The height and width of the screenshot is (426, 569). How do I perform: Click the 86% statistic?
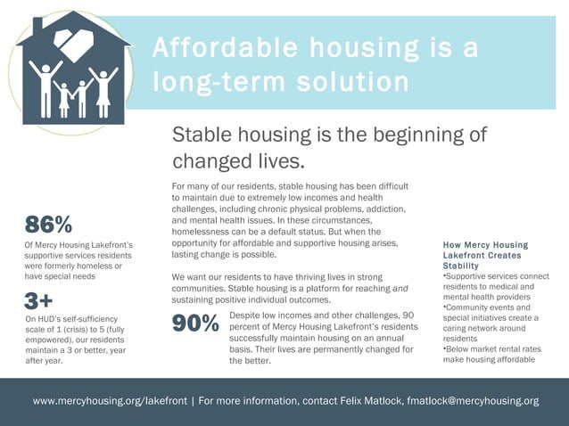49,224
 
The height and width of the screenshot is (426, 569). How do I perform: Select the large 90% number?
195,326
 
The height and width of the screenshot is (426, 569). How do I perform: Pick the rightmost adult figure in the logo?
104,89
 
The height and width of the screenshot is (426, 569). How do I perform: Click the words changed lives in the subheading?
238,161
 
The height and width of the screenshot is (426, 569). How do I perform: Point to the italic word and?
400,288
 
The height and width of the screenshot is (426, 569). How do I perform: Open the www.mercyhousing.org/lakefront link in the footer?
110,401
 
